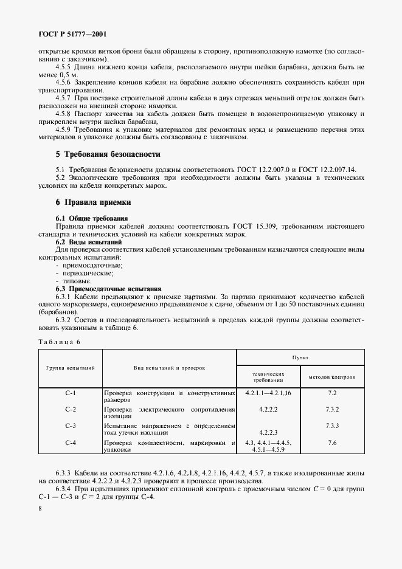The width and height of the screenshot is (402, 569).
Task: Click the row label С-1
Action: pos(70,393)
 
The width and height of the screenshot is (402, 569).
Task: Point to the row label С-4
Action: pos(70,443)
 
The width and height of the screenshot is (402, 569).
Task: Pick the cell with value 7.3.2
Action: pos(331,410)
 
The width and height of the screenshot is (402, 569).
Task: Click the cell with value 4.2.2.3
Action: pos(268,431)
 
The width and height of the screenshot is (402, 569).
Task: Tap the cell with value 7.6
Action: pos(331,443)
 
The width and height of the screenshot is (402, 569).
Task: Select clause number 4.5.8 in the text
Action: pos(63,114)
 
